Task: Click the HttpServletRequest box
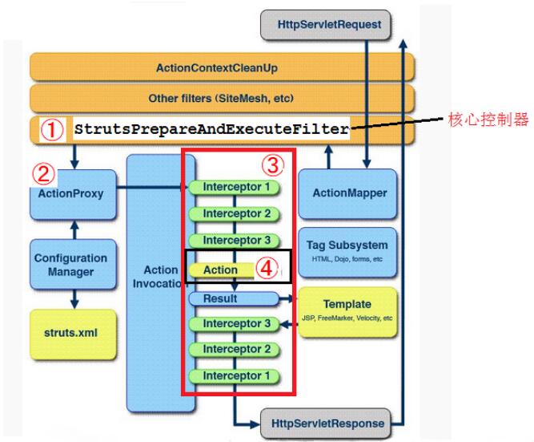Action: pyautogui.click(x=325, y=25)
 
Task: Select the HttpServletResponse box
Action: pyautogui.click(x=325, y=424)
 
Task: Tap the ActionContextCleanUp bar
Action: pyautogui.click(x=222, y=67)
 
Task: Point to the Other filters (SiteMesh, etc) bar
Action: pyautogui.click(x=222, y=99)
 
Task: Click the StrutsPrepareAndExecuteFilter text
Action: pyautogui.click(x=212, y=129)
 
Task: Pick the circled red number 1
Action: pyautogui.click(x=52, y=130)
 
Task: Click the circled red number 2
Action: pyautogui.click(x=43, y=174)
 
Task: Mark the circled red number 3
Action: pyautogui.click(x=273, y=165)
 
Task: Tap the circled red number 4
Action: pyautogui.click(x=267, y=269)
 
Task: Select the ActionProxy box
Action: pyautogui.click(x=73, y=194)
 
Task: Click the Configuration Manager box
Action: pyautogui.click(x=73, y=264)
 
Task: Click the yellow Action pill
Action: pyautogui.click(x=221, y=270)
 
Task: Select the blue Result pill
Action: pyautogui.click(x=235, y=298)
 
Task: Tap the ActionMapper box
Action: pyautogui.click(x=347, y=193)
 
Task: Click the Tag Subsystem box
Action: pyautogui.click(x=347, y=252)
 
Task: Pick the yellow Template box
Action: pyautogui.click(x=347, y=312)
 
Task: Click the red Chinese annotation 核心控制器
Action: pyautogui.click(x=488, y=120)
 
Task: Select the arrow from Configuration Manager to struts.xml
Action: pyautogui.click(x=74, y=299)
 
